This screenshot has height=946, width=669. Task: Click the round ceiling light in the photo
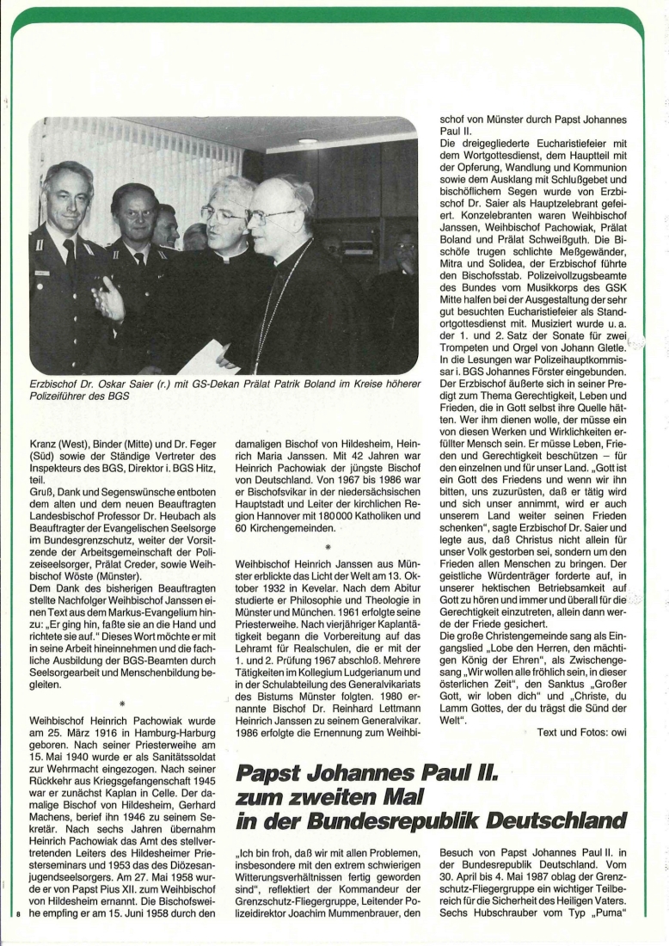(x=307, y=140)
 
